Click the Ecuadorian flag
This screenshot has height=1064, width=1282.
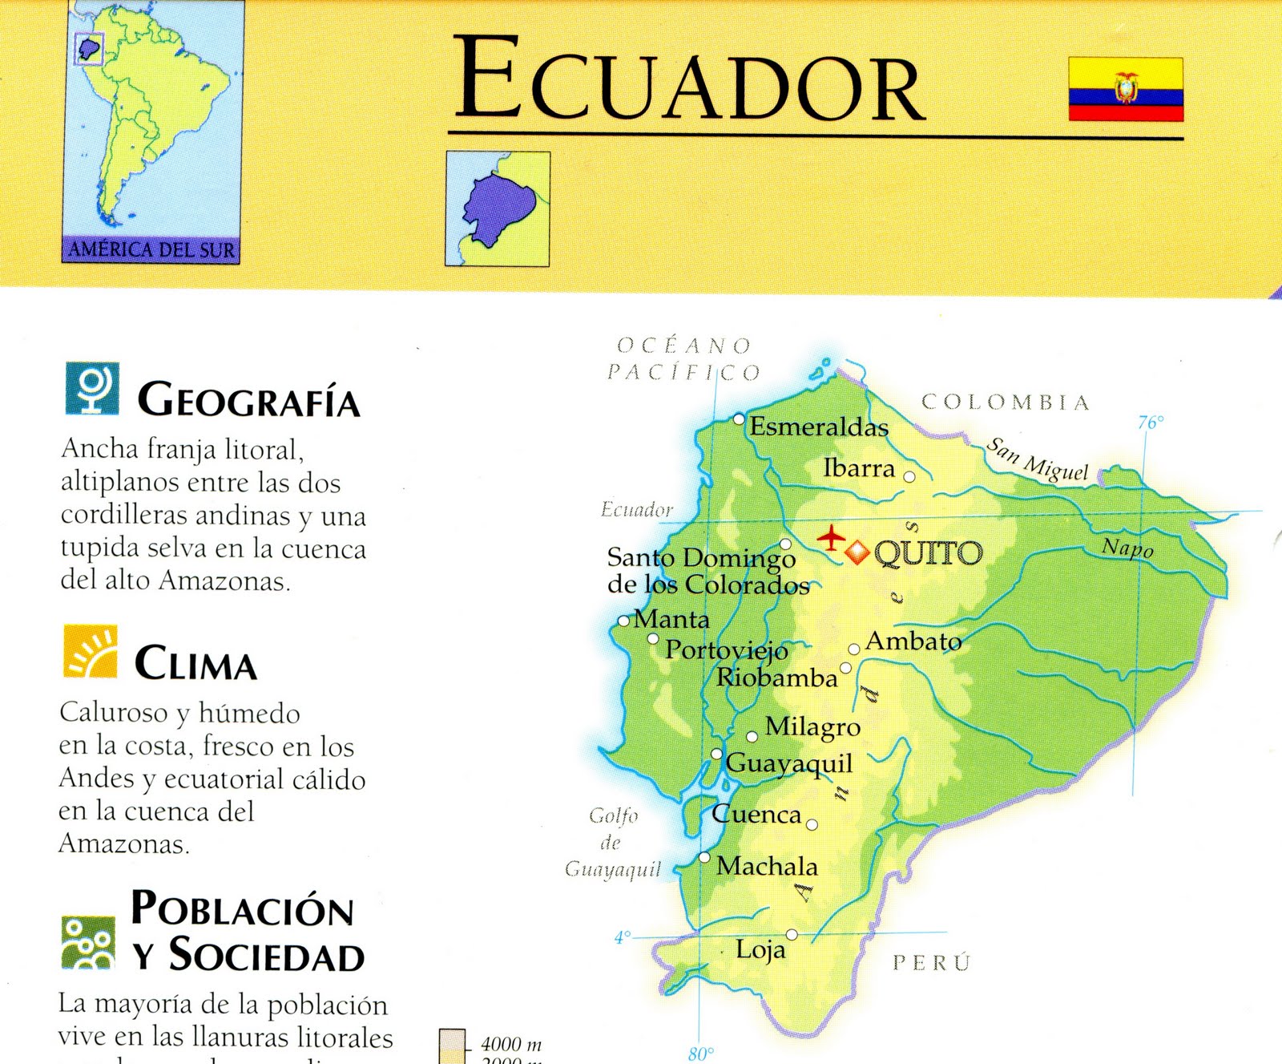pos(1126,89)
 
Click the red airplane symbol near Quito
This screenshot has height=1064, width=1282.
pos(832,536)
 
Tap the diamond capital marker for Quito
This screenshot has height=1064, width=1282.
pos(857,552)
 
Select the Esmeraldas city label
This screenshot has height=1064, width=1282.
pos(818,427)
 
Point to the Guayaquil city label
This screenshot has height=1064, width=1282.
pos(788,763)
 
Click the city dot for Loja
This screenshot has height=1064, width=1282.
pos(792,934)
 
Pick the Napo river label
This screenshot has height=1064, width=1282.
pos(1127,548)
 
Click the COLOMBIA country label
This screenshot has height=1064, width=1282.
pos(1006,402)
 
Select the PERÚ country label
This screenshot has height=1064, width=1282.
pos(931,962)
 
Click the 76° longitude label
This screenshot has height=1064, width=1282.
pos(1151,423)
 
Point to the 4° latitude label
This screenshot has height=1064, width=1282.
pos(623,937)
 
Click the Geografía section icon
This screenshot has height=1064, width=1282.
pos(92,388)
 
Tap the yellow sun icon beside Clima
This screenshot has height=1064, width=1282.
pos(91,651)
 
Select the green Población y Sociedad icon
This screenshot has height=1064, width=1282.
pos(88,942)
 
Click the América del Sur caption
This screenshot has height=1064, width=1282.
pos(151,249)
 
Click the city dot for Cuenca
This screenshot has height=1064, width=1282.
pos(812,824)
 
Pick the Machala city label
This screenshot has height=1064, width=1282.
pos(767,866)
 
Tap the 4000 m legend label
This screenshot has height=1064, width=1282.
pos(511,1044)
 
